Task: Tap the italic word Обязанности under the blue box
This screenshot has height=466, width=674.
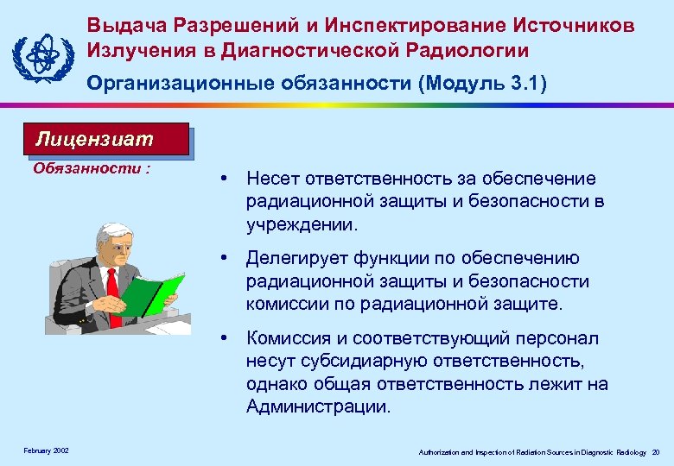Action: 86,168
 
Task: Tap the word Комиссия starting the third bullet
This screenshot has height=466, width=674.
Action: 285,338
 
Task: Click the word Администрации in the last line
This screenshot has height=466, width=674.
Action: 318,406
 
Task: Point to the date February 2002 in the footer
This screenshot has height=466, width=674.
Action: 46,451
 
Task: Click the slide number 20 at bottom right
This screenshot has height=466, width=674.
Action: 656,452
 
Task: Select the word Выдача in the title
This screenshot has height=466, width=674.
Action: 124,26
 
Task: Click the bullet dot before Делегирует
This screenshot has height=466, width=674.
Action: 224,258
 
